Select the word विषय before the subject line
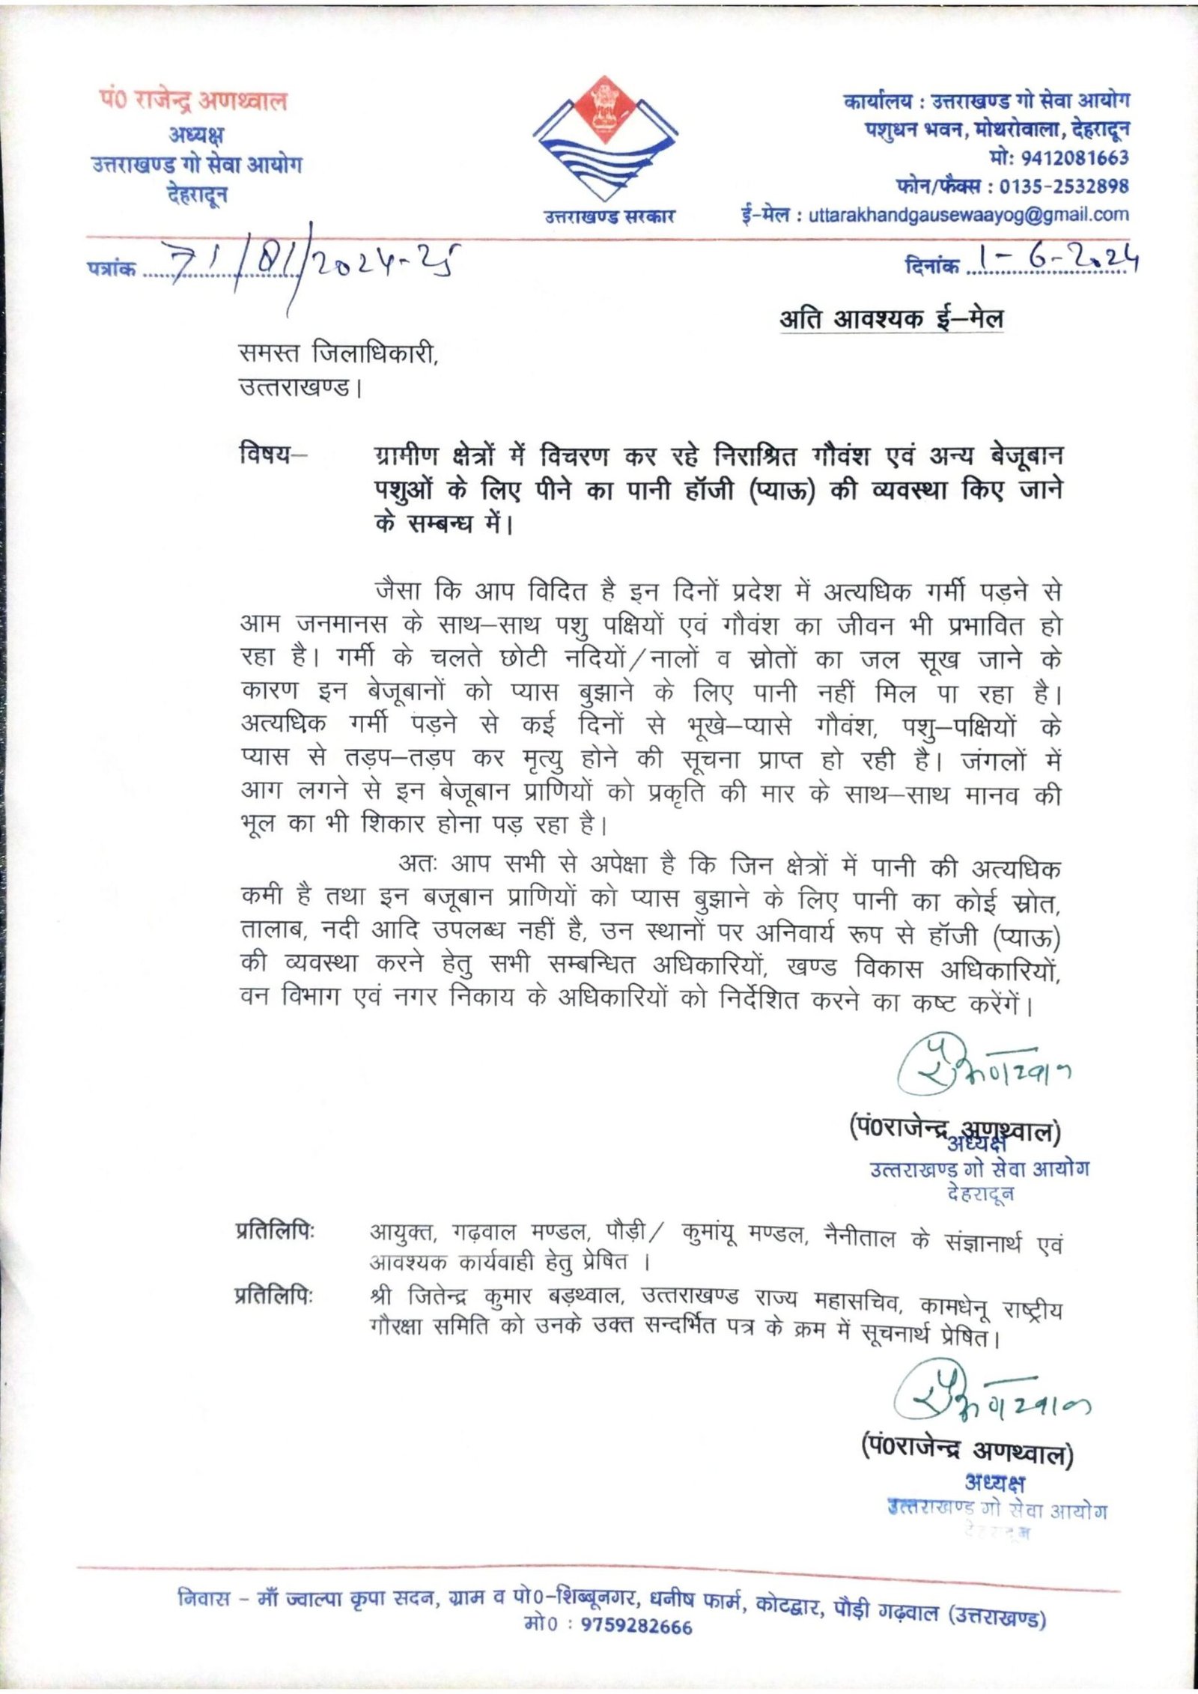tap(264, 455)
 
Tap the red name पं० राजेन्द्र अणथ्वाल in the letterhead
tap(193, 101)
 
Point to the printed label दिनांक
tap(931, 264)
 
